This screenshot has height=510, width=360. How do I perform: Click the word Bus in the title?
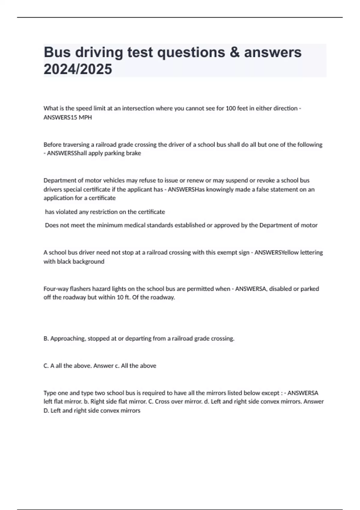pyautogui.click(x=58, y=52)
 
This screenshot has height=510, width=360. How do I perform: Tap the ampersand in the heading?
pyautogui.click(x=235, y=52)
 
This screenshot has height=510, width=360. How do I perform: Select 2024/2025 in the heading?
pyautogui.click(x=78, y=69)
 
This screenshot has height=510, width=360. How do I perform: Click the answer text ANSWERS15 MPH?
pyautogui.click(x=67, y=117)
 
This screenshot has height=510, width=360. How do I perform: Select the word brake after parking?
pyautogui.click(x=134, y=153)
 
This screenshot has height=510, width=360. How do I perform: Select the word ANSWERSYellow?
pyautogui.click(x=272, y=253)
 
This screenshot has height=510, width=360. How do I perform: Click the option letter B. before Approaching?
pyautogui.click(x=46, y=339)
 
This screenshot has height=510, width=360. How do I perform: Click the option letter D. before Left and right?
pyautogui.click(x=46, y=411)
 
